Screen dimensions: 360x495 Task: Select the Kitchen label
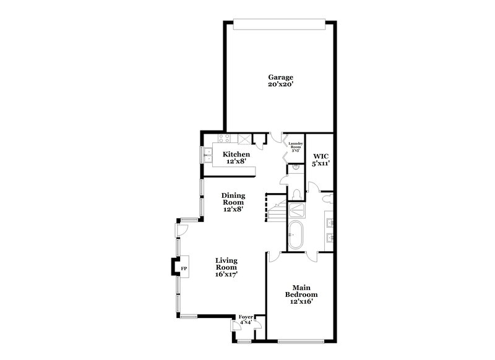pos(236,155)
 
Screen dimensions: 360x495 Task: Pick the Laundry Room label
pos(296,145)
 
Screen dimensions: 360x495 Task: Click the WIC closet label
pos(320,156)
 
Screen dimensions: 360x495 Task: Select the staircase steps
pos(275,207)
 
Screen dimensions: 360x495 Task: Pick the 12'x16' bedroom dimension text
pos(301,302)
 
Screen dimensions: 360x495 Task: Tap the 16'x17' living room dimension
pos(226,274)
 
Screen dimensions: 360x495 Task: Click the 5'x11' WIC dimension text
pos(320,164)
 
